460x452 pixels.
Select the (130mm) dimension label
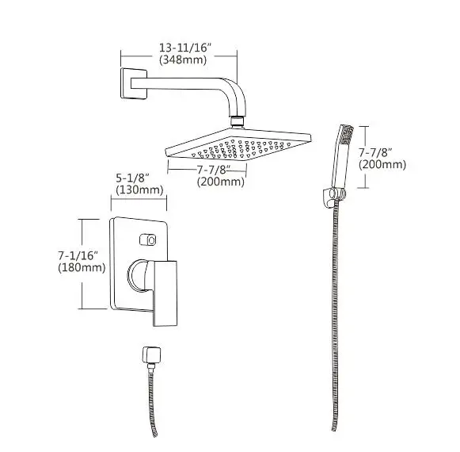pyautogui.click(x=139, y=190)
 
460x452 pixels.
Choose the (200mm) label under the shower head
pyautogui.click(x=220, y=182)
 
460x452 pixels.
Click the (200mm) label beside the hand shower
pyautogui.click(x=382, y=164)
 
